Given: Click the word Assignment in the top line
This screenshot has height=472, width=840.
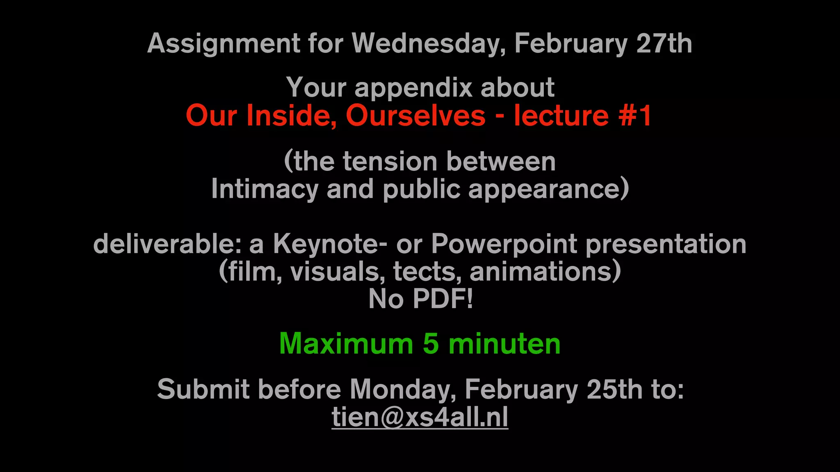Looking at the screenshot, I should click(224, 44).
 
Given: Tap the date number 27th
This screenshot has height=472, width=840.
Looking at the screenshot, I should click(664, 43).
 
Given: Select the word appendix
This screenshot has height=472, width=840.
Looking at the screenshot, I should click(413, 88).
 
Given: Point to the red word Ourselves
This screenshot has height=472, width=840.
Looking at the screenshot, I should click(415, 116).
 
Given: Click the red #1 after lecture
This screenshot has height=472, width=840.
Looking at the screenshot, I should click(635, 116).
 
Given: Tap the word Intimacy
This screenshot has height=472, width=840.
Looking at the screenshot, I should click(265, 189).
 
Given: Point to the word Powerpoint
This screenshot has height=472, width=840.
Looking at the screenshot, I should click(504, 244).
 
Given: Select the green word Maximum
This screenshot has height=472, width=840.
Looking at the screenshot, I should click(346, 344).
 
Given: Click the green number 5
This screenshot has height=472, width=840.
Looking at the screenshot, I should click(431, 344).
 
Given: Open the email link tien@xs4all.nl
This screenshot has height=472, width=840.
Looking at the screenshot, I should click(420, 417).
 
